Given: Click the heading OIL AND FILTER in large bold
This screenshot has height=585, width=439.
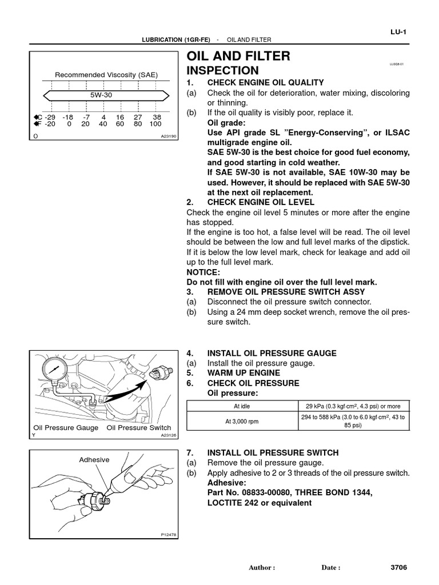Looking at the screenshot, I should pos(238,56).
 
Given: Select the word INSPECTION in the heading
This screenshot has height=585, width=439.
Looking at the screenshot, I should pos(222,71).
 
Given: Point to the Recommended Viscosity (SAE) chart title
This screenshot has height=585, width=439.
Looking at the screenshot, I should pos(106,75).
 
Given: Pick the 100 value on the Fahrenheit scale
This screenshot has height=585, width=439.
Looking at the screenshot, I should pos(155,123).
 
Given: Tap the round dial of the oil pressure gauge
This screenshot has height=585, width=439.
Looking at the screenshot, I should pos(52,371).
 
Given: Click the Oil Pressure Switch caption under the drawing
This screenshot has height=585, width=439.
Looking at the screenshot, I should pos(139,428).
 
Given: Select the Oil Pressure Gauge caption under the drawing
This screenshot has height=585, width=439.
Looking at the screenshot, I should pos(66,428).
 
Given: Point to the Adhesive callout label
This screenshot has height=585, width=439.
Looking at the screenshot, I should pos(94,459).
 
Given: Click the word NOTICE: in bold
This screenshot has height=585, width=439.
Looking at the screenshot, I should pos(203,273).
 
